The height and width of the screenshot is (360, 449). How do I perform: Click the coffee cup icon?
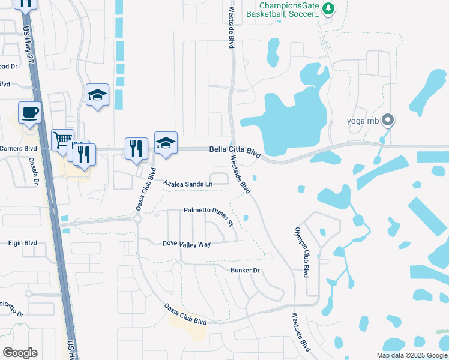tap(29, 112)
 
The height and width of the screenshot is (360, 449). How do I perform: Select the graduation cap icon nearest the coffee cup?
tap(97, 95)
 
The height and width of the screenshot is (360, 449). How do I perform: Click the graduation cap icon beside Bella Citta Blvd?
tap(166, 142)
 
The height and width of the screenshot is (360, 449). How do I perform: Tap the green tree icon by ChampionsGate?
tap(328, 8)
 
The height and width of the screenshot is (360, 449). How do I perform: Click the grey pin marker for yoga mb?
tap(388, 120)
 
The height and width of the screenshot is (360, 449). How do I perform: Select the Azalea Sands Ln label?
tap(188, 182)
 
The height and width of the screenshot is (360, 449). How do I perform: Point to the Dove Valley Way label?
tap(187, 244)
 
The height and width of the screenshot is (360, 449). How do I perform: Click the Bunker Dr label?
tap(245, 271)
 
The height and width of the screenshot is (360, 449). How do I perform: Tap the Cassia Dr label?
tap(34, 172)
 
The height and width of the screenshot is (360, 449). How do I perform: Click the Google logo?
tap(20, 353)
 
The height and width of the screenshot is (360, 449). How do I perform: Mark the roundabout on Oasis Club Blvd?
tap(137, 219)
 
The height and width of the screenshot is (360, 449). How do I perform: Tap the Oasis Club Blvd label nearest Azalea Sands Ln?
tap(142, 193)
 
